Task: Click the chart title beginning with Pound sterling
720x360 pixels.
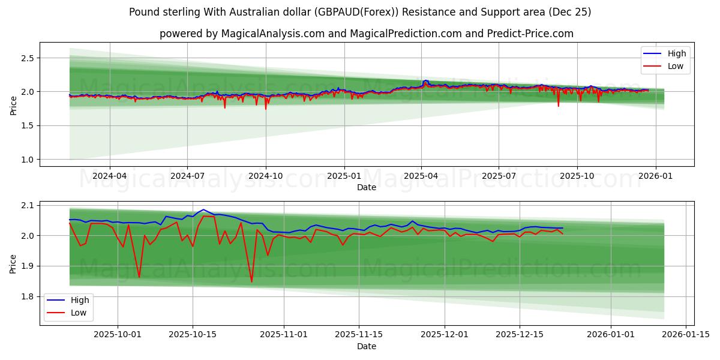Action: coord(360,12)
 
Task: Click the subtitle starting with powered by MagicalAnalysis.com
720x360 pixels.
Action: coord(366,34)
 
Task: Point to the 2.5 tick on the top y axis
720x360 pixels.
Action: coord(26,58)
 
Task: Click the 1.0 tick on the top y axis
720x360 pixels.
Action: coord(26,160)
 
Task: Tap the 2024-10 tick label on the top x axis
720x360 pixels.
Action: coord(265,176)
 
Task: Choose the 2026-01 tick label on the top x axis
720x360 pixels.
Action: coord(655,176)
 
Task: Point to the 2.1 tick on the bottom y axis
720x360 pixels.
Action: coord(26,206)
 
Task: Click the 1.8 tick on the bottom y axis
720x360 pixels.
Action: coord(26,296)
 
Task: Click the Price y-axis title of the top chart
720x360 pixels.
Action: coord(13,105)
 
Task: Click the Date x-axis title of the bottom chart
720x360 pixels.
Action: coord(366,346)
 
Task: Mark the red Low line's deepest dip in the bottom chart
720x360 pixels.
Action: coord(251,282)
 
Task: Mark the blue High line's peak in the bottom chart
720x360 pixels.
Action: coord(203,209)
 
